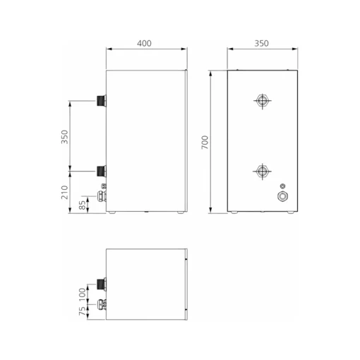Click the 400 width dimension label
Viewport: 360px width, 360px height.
tap(144, 44)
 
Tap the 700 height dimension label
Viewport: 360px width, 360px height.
tap(205, 142)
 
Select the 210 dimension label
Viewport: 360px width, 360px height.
tap(64, 193)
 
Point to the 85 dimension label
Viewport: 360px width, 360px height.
tap(82, 205)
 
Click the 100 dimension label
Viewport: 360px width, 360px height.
tap(82, 294)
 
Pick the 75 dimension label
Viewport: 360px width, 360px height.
tap(82, 311)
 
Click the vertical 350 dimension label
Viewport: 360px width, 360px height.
tap(64, 137)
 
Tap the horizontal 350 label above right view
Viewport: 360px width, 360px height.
tap(261, 44)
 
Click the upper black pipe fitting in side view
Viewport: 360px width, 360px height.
tap(102, 101)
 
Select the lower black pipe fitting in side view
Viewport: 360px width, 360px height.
tap(102, 172)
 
